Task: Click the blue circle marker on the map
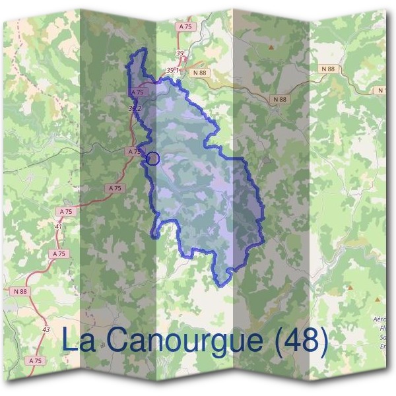[153, 158]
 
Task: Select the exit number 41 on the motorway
[59, 226]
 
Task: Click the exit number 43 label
[46, 329]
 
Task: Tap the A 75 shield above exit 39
[185, 26]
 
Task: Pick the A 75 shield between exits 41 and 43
[59, 253]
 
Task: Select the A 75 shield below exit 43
[36, 361]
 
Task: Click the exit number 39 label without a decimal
[180, 53]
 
